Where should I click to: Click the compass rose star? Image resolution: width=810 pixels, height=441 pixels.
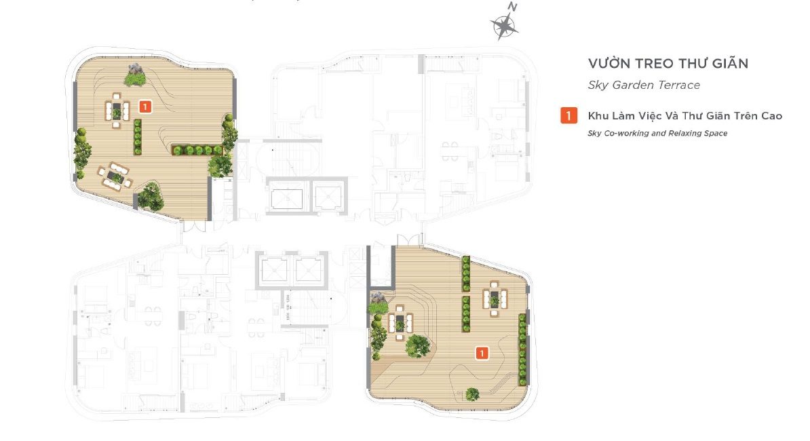503,26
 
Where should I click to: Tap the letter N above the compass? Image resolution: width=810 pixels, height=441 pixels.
512,7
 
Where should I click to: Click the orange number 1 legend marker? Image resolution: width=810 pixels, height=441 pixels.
568,115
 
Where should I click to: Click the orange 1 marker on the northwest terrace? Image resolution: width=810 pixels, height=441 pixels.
145,107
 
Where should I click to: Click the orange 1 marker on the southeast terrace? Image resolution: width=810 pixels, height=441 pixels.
482,353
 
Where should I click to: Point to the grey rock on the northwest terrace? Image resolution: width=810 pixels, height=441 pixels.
136,69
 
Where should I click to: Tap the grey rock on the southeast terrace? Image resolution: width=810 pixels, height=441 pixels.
379,297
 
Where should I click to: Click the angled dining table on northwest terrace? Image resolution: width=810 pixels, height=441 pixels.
115,176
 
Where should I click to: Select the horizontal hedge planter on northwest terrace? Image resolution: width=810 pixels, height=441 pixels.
197,150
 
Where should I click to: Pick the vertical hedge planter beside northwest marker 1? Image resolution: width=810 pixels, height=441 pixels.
138,137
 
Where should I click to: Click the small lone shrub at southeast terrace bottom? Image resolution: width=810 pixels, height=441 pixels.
472,394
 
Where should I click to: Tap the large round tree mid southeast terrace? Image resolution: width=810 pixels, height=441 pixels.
417,346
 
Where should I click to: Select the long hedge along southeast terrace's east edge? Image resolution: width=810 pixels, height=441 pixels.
522,349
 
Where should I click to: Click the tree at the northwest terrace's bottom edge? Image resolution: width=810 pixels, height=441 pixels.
151,196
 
